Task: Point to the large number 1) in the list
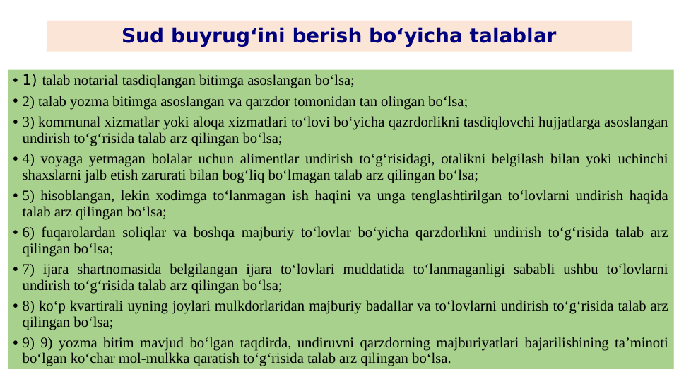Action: (x=30, y=79)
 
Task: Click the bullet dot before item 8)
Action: (x=16, y=307)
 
